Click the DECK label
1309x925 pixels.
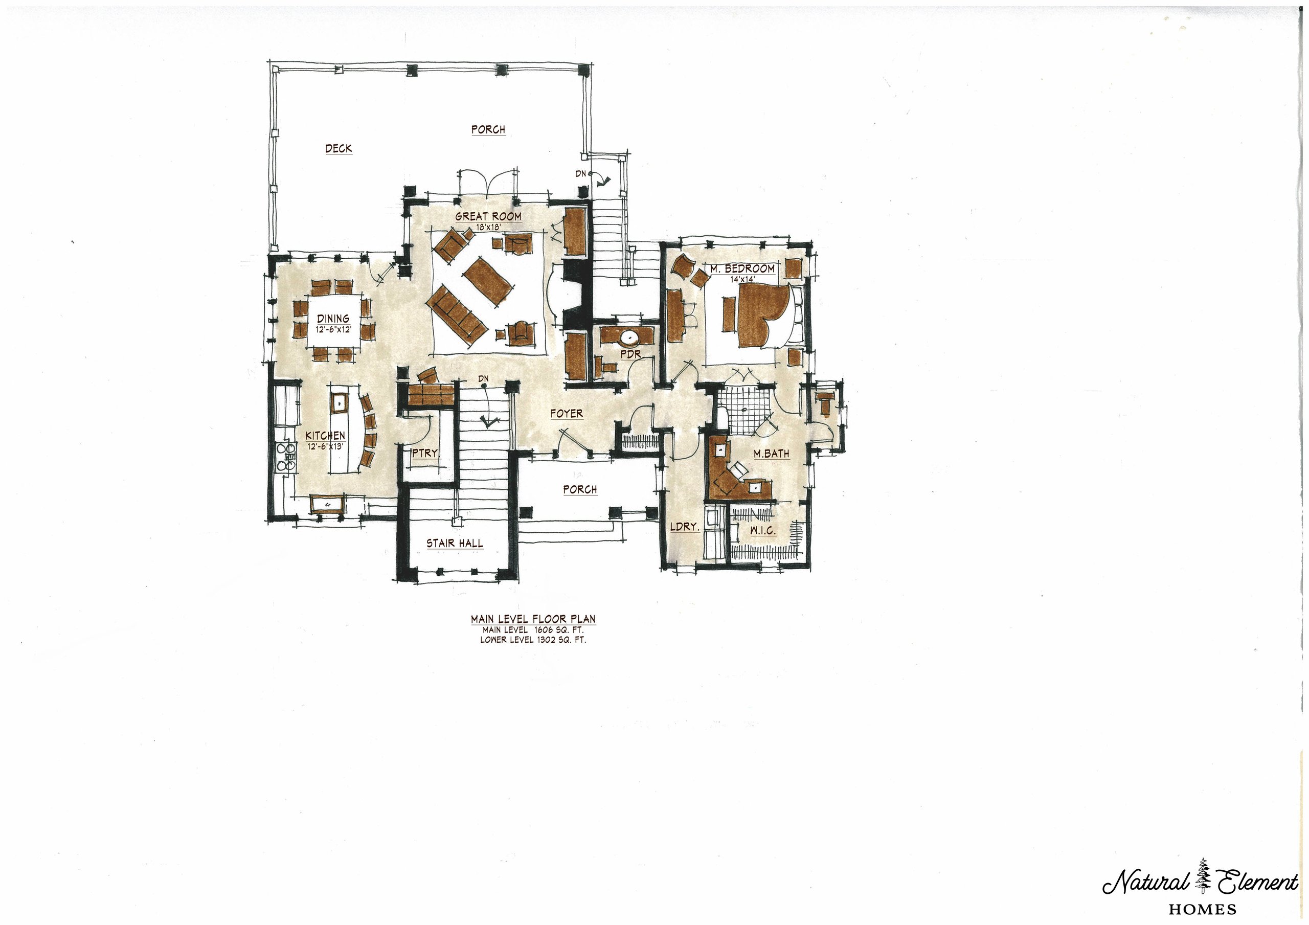338,149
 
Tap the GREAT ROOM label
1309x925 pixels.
488,216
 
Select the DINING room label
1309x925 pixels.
333,319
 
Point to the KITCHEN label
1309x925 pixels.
325,436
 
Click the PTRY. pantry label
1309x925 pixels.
425,454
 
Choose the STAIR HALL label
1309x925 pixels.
455,544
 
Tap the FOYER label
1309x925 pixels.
567,414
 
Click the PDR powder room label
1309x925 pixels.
631,354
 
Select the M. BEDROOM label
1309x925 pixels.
742,268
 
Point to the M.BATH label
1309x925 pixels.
772,454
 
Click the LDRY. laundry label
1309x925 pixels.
684,527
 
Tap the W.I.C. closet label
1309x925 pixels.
762,531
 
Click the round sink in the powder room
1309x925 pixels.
629,337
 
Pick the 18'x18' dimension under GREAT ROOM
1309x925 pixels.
488,227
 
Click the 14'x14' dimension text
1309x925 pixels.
742,279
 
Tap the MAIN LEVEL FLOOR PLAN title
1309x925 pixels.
533,619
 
